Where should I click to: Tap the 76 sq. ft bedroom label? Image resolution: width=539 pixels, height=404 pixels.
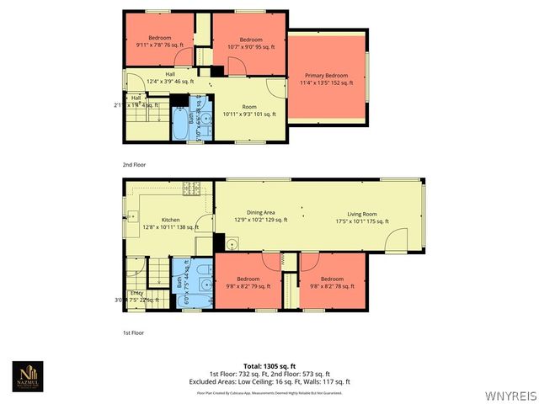(x=160, y=42)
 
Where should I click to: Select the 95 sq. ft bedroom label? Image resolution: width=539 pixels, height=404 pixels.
(x=251, y=44)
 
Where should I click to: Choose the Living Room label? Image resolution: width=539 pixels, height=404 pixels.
(x=363, y=217)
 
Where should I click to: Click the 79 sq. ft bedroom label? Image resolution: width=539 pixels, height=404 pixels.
(x=248, y=282)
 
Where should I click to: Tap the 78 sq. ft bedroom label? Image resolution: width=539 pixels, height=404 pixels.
(x=332, y=282)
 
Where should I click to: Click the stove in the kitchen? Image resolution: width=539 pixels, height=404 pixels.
(x=192, y=188)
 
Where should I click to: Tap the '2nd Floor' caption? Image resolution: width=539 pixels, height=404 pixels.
(x=134, y=165)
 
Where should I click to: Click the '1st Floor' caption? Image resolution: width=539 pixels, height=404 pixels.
(x=133, y=332)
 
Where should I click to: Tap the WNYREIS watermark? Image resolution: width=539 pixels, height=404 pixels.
(x=511, y=394)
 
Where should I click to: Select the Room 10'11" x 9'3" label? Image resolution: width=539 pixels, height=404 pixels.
(x=249, y=110)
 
